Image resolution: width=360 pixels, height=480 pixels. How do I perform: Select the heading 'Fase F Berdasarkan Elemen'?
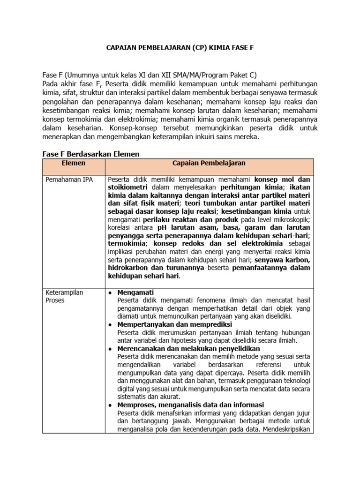click(91, 154)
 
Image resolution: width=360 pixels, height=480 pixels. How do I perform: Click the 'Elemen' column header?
click(74, 163)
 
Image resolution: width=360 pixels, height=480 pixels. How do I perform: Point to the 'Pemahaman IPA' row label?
click(69, 179)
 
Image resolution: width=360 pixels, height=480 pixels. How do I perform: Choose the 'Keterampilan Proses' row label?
click(64, 296)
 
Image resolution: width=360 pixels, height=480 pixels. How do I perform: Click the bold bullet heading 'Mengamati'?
click(135, 292)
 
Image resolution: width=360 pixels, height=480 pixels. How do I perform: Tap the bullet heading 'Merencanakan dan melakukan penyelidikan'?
click(188, 349)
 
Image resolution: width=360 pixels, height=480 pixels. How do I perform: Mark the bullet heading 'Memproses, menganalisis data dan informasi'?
click(191, 405)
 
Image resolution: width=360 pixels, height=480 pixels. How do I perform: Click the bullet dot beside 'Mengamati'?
click(110, 292)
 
